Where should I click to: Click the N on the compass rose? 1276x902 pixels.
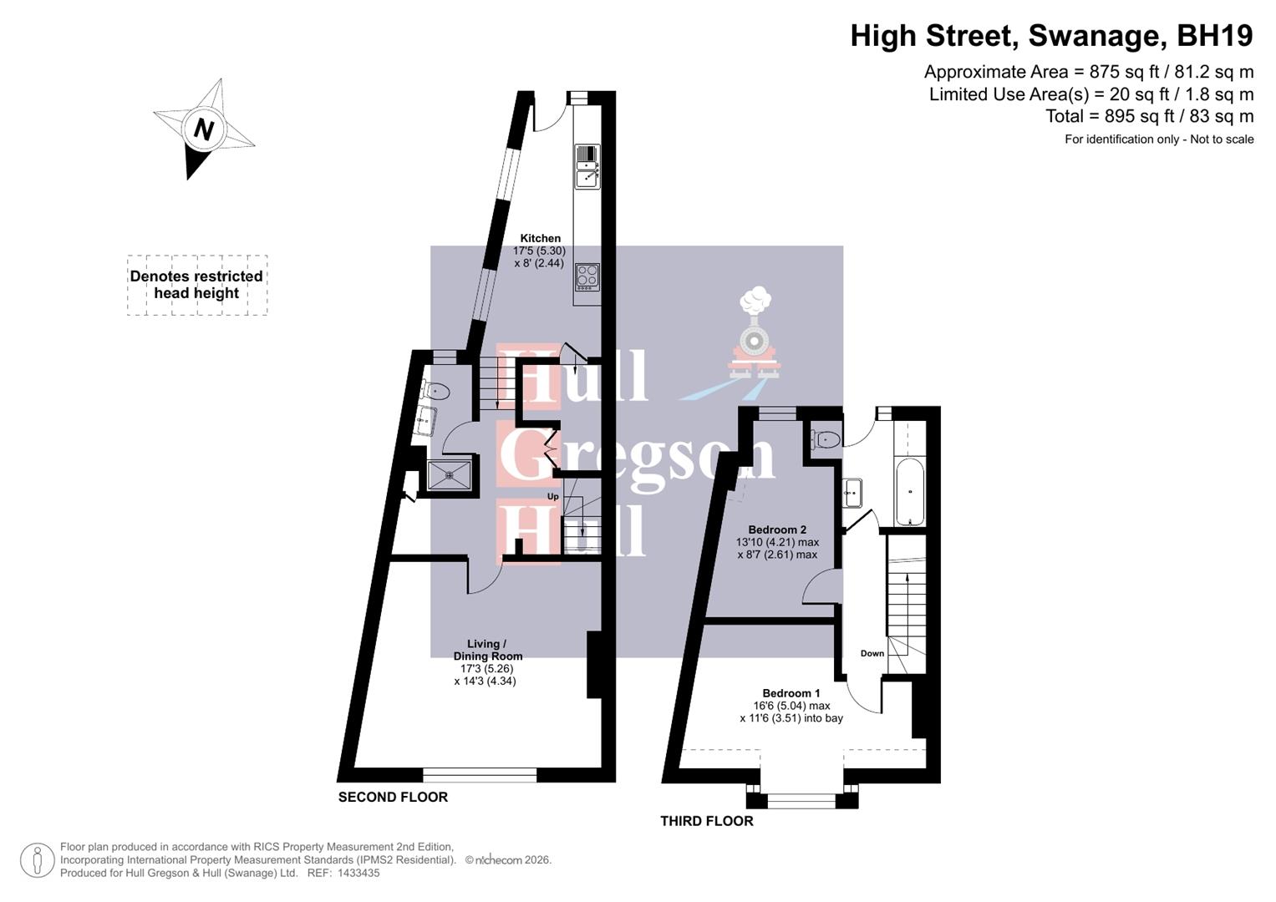point(203,129)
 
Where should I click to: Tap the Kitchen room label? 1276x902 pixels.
point(540,239)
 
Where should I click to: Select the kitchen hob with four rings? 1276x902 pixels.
point(587,276)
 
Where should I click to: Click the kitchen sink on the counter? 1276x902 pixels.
point(587,175)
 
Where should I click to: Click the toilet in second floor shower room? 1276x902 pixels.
point(437,390)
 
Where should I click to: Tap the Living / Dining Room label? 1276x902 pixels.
point(482,650)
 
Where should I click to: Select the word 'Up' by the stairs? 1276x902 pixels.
point(552,497)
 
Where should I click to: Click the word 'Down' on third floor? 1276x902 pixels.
point(872,654)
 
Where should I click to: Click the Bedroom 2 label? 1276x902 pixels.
point(777,530)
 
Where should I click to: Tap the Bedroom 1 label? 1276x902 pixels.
point(791,693)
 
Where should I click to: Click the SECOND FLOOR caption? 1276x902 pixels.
point(393,798)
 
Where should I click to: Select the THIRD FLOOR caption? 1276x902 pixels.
point(707,822)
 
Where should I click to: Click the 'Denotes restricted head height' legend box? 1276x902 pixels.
point(197,285)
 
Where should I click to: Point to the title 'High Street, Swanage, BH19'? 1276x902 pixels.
point(1051,36)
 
